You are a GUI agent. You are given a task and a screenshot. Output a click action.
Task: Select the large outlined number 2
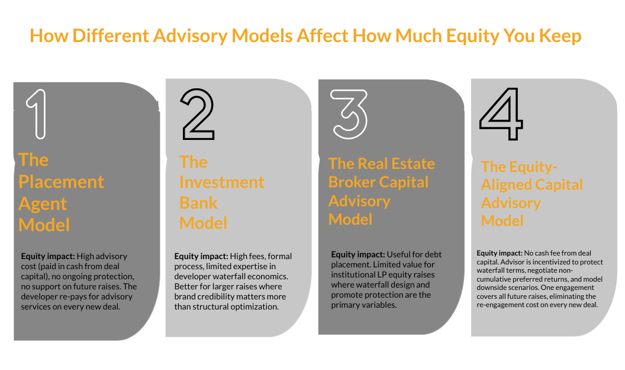point(198,114)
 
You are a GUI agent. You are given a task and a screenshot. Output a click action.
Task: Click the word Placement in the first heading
point(61,181)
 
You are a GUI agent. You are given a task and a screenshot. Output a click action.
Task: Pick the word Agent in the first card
point(43,203)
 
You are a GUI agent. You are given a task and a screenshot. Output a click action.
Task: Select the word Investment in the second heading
point(222,182)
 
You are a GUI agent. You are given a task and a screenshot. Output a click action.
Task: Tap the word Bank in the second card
point(198,203)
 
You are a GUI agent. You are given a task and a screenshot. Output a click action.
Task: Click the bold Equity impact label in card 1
point(48,257)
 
